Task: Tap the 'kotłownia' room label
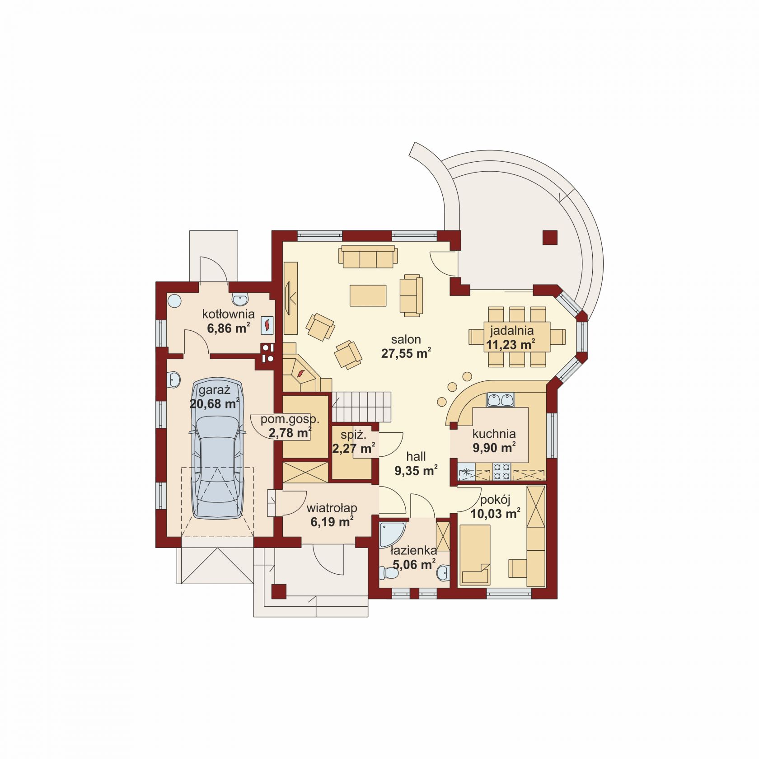228,314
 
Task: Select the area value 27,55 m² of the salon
406,353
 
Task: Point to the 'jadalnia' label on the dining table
512,331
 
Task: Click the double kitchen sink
500,400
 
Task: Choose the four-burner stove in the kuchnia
501,472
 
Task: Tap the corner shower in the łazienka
392,534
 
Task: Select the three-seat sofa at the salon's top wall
368,257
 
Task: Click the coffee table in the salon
368,296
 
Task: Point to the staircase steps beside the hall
361,407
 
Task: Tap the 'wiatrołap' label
332,508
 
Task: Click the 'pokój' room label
495,500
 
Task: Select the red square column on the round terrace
550,238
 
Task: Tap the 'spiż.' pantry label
353,435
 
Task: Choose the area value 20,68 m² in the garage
214,403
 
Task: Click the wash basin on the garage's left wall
173,380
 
